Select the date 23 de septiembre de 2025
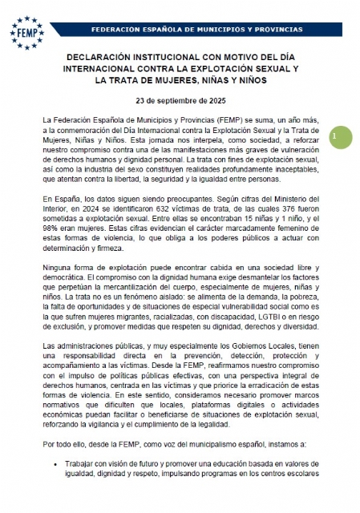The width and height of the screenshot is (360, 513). pos(180,102)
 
